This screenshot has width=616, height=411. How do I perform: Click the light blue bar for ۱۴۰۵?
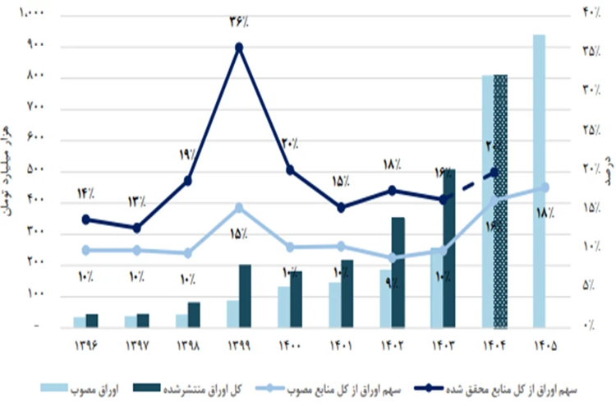[540, 181]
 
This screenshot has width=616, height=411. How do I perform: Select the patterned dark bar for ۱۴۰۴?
[501, 201]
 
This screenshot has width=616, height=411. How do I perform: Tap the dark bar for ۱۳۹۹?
[245, 296]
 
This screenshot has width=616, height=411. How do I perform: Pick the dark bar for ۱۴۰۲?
[398, 272]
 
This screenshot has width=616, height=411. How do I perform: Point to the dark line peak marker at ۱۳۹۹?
[239, 47]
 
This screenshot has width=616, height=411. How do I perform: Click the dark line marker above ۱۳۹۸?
[188, 181]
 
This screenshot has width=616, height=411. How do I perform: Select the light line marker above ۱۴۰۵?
[545, 187]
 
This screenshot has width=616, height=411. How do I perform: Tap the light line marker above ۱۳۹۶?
[86, 250]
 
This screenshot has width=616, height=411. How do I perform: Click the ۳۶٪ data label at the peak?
[239, 21]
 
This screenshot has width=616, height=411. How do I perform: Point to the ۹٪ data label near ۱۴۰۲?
[391, 283]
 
